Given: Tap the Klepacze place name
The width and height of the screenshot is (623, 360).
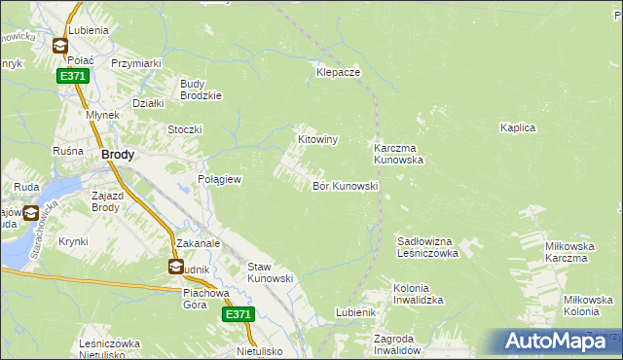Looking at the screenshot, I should (x=339, y=72).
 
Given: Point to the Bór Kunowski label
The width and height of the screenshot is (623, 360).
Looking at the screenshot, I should (x=345, y=185).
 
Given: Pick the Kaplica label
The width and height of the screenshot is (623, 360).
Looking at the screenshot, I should (x=518, y=127).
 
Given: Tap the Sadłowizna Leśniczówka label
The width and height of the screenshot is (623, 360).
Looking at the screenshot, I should (x=428, y=246).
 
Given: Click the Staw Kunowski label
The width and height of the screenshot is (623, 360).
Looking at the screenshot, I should (x=271, y=272).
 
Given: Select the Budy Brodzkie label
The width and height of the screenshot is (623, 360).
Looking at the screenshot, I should (x=202, y=89).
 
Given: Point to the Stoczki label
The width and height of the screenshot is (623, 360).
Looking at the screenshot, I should (x=184, y=129).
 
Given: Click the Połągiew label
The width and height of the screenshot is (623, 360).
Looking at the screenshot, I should (x=219, y=180).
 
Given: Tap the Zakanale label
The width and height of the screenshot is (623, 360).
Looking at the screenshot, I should (x=199, y=243).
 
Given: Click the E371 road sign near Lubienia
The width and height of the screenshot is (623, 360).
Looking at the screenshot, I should (x=71, y=76).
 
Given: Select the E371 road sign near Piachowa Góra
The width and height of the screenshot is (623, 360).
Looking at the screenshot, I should (x=238, y=314).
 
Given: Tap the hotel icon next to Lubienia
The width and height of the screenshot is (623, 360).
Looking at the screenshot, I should (x=59, y=45).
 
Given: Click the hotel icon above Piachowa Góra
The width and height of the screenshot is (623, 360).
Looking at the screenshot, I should (x=175, y=267).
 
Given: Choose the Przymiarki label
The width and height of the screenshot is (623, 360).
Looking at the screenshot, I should (x=135, y=63).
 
